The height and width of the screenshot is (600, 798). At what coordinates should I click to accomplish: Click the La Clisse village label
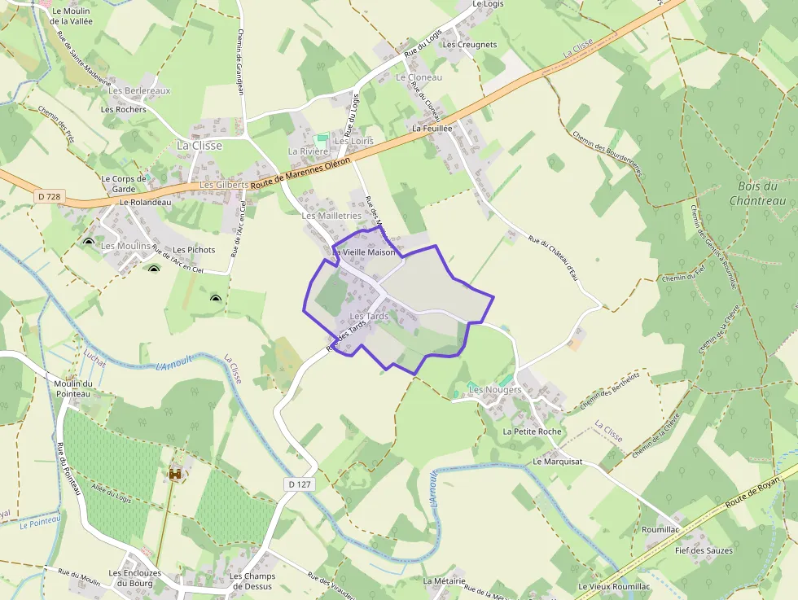click(x=199, y=145)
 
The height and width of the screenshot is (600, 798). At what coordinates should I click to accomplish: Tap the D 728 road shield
click(x=49, y=196)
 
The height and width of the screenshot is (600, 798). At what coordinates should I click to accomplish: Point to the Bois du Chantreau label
click(x=757, y=194)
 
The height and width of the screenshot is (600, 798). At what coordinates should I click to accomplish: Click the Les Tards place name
click(x=368, y=316)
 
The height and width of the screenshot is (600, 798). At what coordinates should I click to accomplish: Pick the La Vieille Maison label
click(x=364, y=252)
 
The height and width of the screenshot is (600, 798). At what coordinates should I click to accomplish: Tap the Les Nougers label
click(x=495, y=390)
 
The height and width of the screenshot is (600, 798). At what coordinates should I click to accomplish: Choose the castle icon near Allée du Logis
click(x=174, y=473)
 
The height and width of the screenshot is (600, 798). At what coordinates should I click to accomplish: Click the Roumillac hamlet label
click(x=660, y=529)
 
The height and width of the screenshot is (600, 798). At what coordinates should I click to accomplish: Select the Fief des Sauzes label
click(x=704, y=550)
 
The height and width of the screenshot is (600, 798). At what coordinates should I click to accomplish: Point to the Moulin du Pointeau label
click(x=72, y=388)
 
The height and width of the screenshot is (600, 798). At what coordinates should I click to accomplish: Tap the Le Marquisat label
click(x=558, y=461)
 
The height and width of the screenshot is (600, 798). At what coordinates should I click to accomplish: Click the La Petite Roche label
click(x=533, y=431)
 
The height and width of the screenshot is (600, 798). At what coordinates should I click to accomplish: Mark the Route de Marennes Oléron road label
click(x=300, y=173)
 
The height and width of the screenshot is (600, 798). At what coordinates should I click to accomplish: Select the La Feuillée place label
click(x=432, y=129)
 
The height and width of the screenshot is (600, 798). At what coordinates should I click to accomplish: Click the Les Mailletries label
click(x=331, y=216)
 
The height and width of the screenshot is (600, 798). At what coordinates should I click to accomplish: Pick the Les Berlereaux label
click(x=139, y=90)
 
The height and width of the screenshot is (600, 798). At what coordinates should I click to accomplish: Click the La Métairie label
click(x=444, y=581)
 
